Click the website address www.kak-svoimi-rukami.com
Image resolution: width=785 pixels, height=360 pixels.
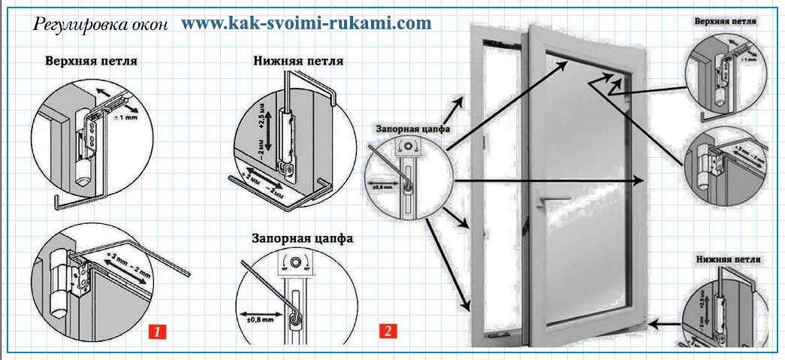pyautogui.click(x=306, y=23)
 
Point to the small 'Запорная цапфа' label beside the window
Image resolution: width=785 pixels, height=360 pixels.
pyautogui.click(x=410, y=128)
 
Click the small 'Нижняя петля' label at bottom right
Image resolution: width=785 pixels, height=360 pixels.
pyautogui.click(x=727, y=259)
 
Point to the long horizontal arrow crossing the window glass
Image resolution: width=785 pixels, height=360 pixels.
pyautogui.click(x=548, y=180)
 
